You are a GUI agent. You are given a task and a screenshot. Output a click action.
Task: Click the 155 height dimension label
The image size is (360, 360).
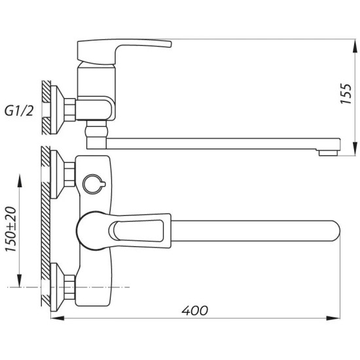(x=346, y=94)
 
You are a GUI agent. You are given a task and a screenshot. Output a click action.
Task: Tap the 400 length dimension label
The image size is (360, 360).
(x=194, y=311)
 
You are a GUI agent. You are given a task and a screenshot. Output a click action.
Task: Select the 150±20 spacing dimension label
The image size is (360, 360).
(x=10, y=229)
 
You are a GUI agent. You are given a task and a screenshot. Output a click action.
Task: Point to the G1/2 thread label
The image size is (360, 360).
(x=19, y=111)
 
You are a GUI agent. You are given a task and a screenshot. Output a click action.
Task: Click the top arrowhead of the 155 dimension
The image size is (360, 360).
(x=355, y=47)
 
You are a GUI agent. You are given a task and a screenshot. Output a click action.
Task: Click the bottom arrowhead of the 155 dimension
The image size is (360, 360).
(x=355, y=149)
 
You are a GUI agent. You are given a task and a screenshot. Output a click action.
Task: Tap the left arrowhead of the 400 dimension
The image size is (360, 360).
(x=58, y=318)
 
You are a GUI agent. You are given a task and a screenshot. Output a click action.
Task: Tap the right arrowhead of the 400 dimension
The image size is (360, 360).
(x=333, y=318)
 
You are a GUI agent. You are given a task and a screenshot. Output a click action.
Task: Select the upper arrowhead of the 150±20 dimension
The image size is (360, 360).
(x=20, y=181)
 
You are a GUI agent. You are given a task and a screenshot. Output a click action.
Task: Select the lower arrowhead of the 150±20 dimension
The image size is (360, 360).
(x=20, y=281)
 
